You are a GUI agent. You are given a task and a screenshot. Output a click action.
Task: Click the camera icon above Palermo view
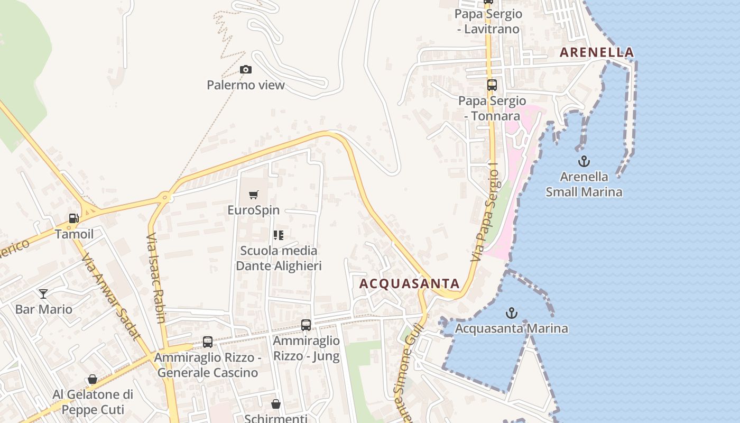(245, 69)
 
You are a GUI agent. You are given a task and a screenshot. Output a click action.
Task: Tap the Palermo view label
(245, 85)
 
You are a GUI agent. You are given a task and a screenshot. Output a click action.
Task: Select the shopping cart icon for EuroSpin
(254, 195)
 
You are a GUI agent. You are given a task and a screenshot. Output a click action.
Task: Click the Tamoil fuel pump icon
(73, 218)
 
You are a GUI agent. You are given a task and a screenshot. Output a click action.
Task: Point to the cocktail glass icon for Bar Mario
(43, 293)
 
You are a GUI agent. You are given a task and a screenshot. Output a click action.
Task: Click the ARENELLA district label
(597, 52)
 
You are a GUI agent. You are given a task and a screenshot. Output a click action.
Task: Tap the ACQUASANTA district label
(409, 284)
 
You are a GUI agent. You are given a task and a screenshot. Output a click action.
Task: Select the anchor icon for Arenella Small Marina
(584, 161)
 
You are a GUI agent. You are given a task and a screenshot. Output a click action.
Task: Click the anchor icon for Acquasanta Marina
(511, 313)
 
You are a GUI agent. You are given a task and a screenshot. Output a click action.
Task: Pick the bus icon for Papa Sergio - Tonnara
(492, 85)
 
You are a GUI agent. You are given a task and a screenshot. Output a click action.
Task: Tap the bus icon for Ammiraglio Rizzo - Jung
(306, 325)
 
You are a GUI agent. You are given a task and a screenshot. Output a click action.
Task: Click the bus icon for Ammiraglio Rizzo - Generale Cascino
(208, 342)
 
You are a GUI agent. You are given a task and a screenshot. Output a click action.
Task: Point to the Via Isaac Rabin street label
(156, 278)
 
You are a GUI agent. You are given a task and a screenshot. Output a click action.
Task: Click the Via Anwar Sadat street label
(110, 296)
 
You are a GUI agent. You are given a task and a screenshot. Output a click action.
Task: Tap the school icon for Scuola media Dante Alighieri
(279, 235)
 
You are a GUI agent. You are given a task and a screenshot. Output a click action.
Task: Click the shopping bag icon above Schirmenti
(275, 404)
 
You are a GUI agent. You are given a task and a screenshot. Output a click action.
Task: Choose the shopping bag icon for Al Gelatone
(92, 379)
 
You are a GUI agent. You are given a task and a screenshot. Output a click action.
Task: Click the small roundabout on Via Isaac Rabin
(165, 197)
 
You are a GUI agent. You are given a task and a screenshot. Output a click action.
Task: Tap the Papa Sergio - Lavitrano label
(488, 21)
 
